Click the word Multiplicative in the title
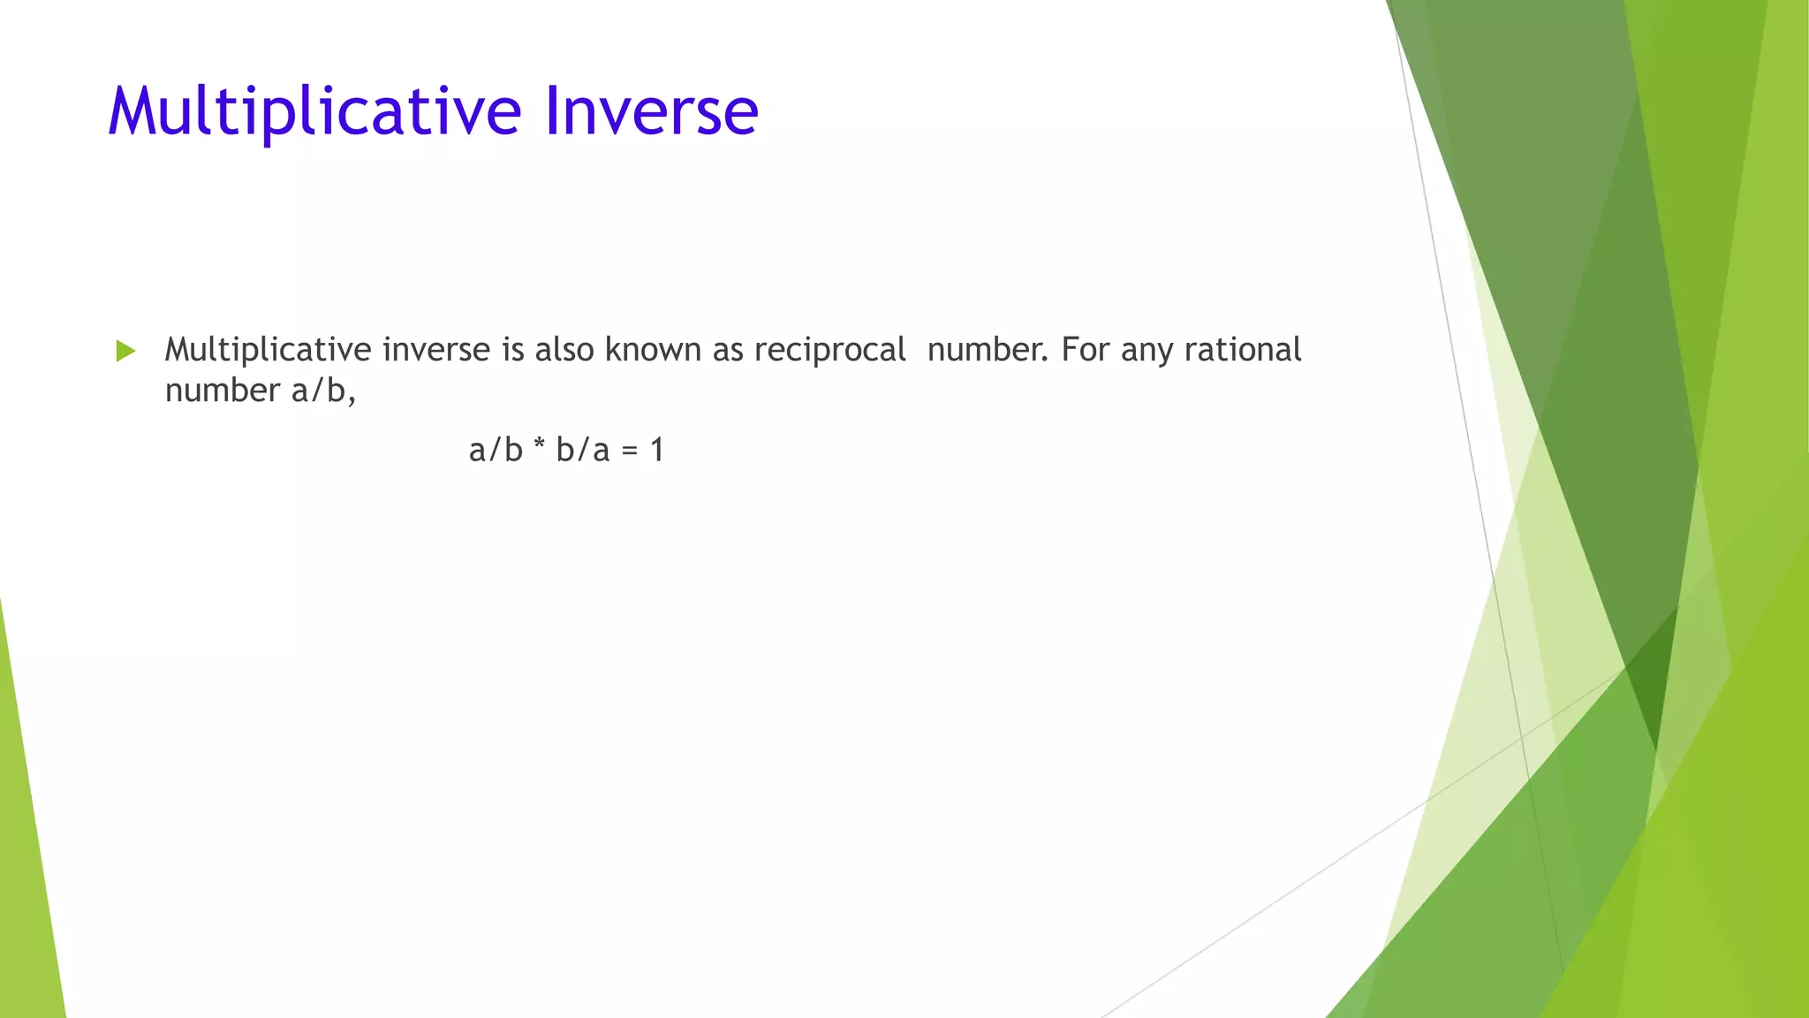pyautogui.click(x=314, y=111)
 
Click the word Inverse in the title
pyautogui.click(x=651, y=111)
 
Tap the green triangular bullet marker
pyautogui.click(x=125, y=351)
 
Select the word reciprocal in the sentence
pyautogui.click(x=829, y=350)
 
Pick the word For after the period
pyautogui.click(x=1085, y=350)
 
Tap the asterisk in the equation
pyautogui.click(x=539, y=448)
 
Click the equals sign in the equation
pyautogui.click(x=629, y=451)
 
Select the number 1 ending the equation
pyautogui.click(x=656, y=450)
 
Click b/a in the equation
pyautogui.click(x=583, y=450)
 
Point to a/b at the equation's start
pyautogui.click(x=496, y=450)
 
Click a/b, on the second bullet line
pyautogui.click(x=323, y=391)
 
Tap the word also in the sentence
pyautogui.click(x=564, y=350)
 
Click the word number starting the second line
pyautogui.click(x=222, y=391)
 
